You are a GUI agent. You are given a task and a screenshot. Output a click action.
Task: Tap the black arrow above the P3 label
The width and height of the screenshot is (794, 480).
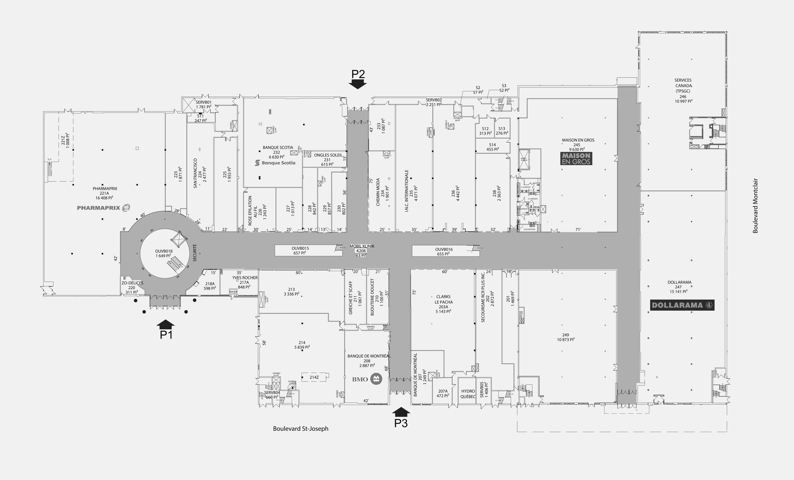401,412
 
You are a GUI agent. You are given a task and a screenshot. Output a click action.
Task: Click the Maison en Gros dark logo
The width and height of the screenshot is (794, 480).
576,159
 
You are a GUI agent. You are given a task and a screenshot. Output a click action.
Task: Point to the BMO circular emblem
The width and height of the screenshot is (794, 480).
376,379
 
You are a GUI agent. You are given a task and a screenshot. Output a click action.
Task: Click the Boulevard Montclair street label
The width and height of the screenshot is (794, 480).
755,206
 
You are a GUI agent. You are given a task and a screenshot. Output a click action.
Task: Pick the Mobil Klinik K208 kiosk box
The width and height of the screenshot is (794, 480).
361,251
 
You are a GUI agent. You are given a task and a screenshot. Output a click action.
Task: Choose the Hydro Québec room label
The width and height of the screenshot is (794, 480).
468,394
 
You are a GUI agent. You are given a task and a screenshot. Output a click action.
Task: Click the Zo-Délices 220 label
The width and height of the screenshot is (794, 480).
132,287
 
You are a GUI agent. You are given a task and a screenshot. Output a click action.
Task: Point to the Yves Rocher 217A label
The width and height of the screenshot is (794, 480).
244,282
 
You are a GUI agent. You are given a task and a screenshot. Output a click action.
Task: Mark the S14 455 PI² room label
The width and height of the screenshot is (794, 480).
492,147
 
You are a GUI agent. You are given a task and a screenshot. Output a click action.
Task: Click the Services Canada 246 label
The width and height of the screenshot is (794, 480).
683,91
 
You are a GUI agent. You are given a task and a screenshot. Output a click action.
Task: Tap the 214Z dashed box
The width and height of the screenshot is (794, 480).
314,377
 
